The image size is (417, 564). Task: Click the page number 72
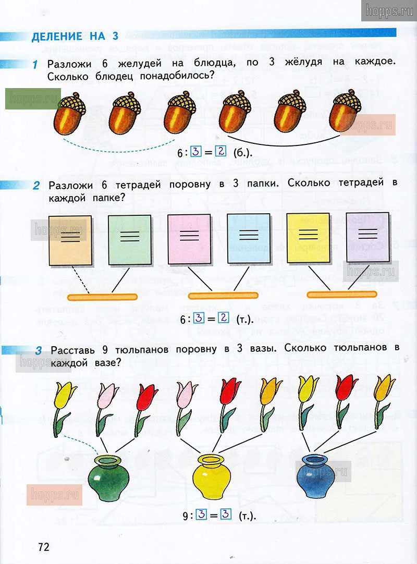[x=43, y=547]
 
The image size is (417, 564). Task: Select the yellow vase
[x=212, y=476]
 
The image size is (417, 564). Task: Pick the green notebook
[x=130, y=239]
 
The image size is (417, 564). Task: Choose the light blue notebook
[x=248, y=239]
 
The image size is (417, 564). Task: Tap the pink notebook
[x=189, y=239]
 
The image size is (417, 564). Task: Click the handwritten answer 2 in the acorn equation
[x=221, y=152]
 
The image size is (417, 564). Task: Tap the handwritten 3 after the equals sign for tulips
[x=226, y=515]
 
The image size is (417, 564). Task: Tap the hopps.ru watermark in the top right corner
[x=388, y=10]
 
